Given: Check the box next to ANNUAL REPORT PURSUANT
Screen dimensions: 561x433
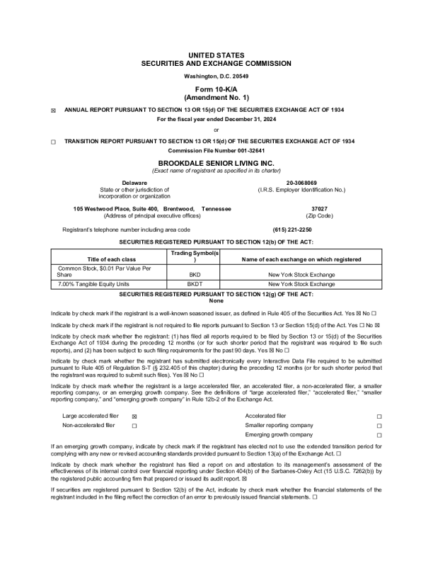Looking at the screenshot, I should point(54,111).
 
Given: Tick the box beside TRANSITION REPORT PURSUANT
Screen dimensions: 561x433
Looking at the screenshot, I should point(54,142).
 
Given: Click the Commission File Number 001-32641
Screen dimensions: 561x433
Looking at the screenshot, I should point(216,151).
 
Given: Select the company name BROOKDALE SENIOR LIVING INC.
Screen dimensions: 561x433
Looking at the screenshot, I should point(216,162).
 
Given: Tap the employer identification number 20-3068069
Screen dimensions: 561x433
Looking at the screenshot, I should point(301,183).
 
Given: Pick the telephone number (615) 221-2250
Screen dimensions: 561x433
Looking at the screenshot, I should point(291,229).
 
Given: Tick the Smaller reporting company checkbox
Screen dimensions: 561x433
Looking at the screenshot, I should point(379,425).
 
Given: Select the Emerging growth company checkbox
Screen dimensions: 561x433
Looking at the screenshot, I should point(379,435).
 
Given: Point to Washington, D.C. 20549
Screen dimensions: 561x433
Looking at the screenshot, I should point(216,76).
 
